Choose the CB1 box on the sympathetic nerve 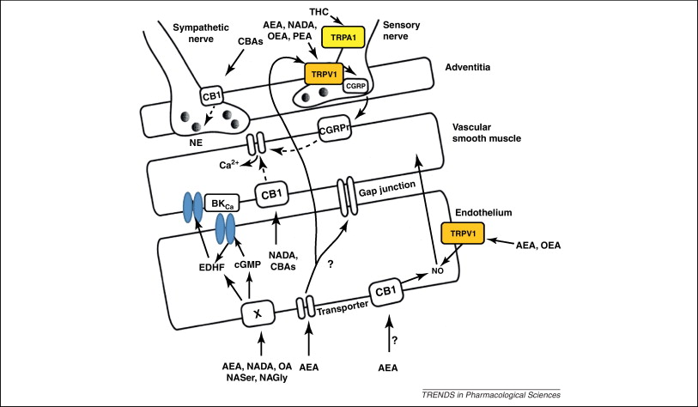pyautogui.click(x=210, y=97)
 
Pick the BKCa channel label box pyautogui.click(x=219, y=206)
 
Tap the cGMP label pyautogui.click(x=247, y=264)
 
